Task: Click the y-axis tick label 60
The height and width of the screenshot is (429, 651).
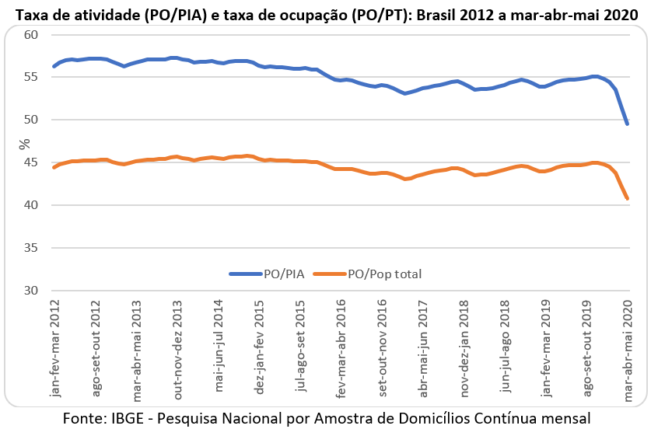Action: point(32,35)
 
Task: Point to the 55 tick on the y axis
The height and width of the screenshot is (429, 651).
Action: point(32,77)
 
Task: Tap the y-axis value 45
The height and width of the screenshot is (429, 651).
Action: point(32,162)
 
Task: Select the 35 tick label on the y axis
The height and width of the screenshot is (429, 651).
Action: point(32,248)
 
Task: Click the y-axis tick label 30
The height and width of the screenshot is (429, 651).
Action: point(32,291)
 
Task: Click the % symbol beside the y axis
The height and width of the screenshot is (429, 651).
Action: point(24,143)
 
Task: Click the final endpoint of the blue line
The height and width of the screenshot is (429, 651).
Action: point(628,124)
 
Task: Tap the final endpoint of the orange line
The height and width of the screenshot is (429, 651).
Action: point(628,198)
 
